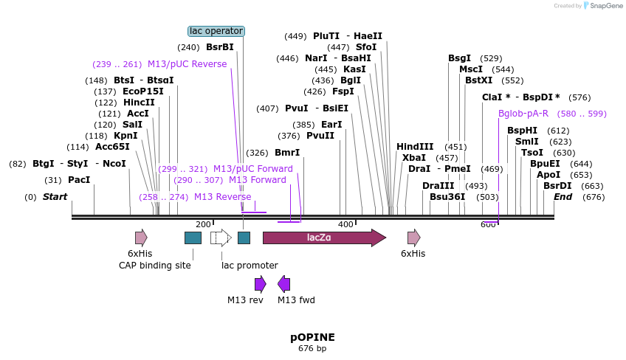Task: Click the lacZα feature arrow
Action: [x=323, y=238]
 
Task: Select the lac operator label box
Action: [x=216, y=31]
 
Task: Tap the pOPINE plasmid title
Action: [x=312, y=337]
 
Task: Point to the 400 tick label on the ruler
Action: [x=345, y=224]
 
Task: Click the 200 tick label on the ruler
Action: [x=203, y=224]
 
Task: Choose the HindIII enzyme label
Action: [x=415, y=147]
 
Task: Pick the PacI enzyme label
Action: [x=79, y=180]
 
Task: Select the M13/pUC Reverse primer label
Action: [x=187, y=64]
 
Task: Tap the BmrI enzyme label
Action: [x=287, y=153]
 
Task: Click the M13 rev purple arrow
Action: [x=260, y=284]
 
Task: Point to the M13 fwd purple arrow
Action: [x=284, y=284]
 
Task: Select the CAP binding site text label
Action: [x=155, y=266]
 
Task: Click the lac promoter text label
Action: [x=250, y=266]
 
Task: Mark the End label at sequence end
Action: [x=563, y=197]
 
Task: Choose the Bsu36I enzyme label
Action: [x=447, y=197]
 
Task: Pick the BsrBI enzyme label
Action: [x=219, y=47]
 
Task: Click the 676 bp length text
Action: [x=312, y=348]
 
